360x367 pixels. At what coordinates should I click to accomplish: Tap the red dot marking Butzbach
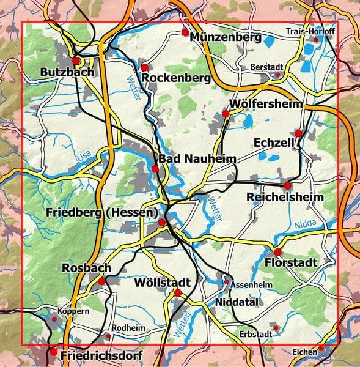coord(76,61)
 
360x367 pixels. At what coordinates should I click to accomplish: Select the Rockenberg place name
coord(176,78)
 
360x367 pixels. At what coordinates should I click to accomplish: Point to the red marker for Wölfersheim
coord(226,114)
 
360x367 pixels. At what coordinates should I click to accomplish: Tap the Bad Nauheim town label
coord(197,159)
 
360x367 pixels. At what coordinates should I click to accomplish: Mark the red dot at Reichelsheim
coord(287,185)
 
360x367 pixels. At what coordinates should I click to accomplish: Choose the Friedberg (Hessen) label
coord(101,212)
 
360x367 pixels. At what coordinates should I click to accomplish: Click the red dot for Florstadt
coord(277,252)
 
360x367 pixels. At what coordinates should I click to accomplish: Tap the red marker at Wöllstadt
coord(178,293)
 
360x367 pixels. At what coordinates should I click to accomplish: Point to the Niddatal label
coord(238,302)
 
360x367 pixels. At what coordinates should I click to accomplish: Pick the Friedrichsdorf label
coord(101,355)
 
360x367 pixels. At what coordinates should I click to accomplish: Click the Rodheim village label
coord(128,328)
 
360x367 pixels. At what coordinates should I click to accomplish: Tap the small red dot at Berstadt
coord(277,75)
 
